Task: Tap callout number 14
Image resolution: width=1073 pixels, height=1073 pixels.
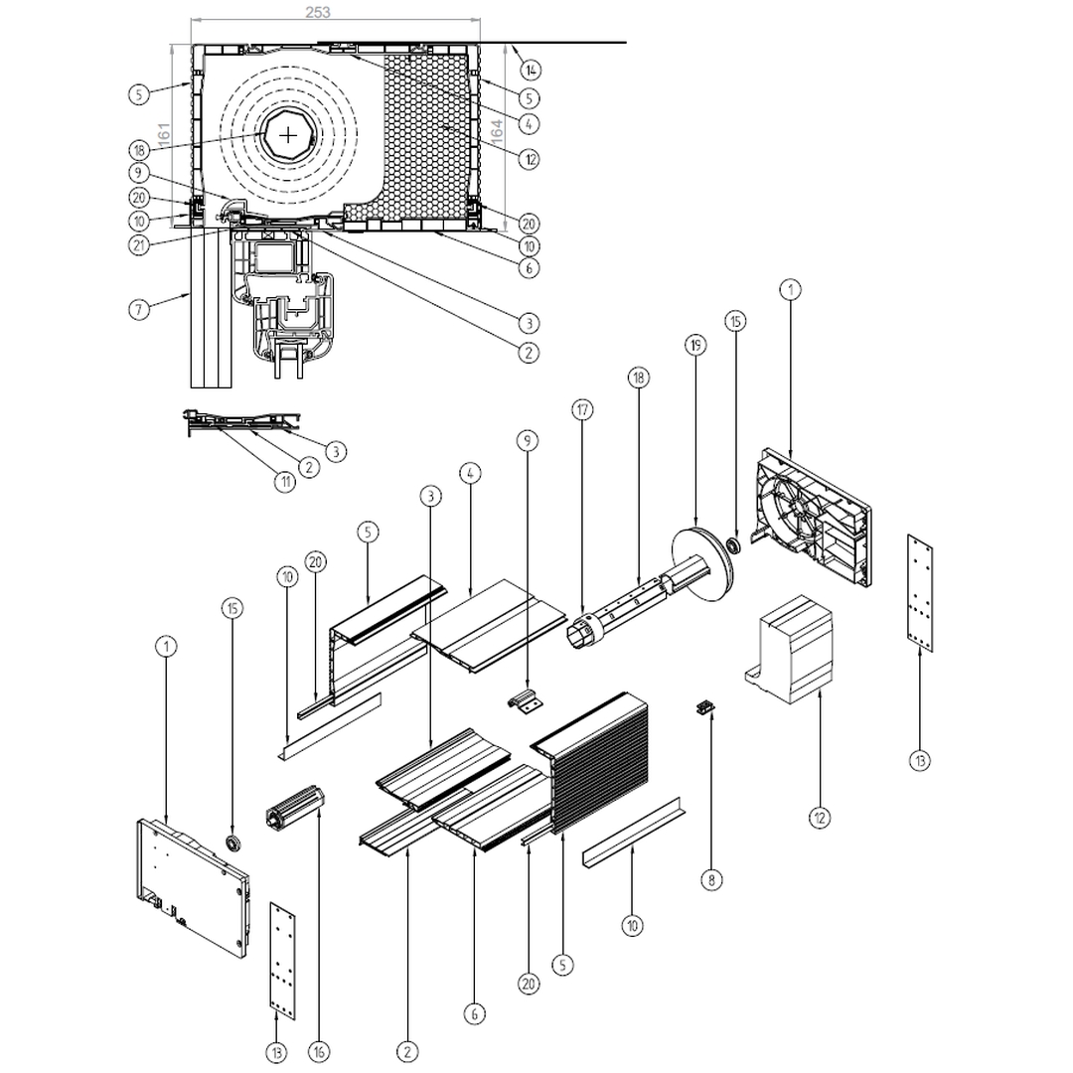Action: [532, 70]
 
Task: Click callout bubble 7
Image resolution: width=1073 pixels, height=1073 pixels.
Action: [140, 310]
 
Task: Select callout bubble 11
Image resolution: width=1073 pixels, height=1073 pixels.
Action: [285, 482]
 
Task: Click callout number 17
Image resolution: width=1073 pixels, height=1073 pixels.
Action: [582, 409]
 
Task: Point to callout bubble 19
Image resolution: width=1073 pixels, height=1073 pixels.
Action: [694, 346]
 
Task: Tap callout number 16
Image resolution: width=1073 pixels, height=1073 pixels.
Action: [319, 1051]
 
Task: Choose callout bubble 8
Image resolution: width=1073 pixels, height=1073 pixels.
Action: [711, 879]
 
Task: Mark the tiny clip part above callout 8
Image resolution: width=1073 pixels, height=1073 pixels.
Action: [706, 706]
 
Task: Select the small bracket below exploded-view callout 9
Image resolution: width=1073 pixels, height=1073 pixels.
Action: [527, 699]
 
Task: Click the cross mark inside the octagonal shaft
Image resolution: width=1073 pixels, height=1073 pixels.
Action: [287, 136]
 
